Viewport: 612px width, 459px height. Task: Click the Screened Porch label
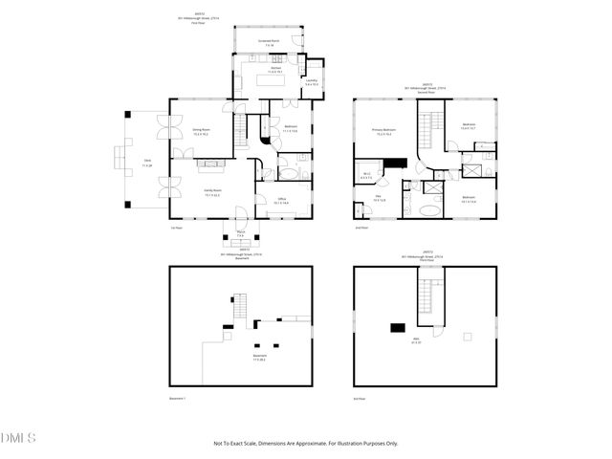pyautogui.click(x=268, y=42)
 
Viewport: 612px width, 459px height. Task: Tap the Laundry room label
pyautogui.click(x=311, y=82)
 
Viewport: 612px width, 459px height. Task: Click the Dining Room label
pyautogui.click(x=202, y=130)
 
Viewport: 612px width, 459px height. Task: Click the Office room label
pyautogui.click(x=280, y=201)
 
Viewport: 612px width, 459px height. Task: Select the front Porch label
pyautogui.click(x=241, y=234)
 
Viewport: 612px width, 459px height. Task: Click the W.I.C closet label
pyautogui.click(x=366, y=175)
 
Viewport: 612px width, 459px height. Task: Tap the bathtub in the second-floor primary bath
pyautogui.click(x=430, y=208)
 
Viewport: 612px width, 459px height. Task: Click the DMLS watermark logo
pyautogui.click(x=19, y=438)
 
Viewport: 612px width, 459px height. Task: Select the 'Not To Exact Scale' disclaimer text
pyautogui.click(x=305, y=444)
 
